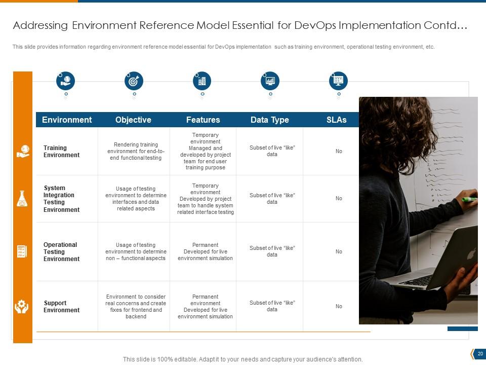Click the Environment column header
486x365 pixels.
coord(67,120)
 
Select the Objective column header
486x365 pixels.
coord(133,120)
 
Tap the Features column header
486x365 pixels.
coord(203,120)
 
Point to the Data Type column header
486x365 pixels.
coord(269,120)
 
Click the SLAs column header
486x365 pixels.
coord(337,120)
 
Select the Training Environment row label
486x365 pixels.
coord(61,152)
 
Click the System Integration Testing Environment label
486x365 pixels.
coord(61,199)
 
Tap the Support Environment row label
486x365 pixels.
coord(61,307)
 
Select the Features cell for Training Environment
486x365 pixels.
coord(206,152)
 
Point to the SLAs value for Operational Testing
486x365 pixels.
coord(339,252)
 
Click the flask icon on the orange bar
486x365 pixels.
coord(22,199)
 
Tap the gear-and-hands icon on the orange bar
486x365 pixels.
coord(22,307)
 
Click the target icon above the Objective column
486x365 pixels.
coord(134,81)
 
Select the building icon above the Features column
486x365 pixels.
coord(202,81)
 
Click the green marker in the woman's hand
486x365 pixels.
coord(469,199)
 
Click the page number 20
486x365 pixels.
coord(480,354)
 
